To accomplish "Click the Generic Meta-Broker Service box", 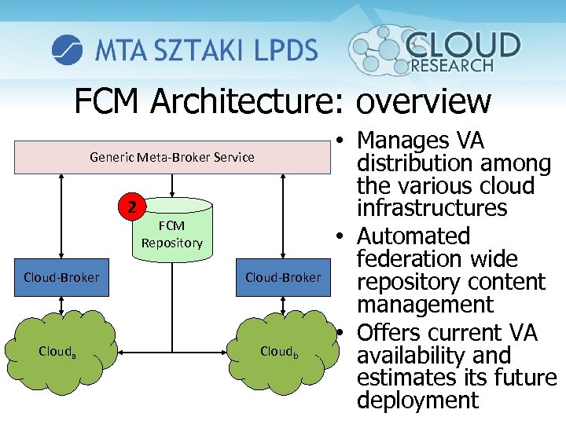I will [x=172, y=157].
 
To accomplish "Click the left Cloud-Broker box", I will [x=61, y=277].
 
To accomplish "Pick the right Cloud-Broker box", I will [x=283, y=277].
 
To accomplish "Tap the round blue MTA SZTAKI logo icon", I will [x=68, y=49].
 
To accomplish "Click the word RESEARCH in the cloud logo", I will [x=452, y=66].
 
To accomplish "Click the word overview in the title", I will [x=423, y=101].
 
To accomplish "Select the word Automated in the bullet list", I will [x=413, y=236].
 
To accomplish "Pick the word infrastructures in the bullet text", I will [x=432, y=209].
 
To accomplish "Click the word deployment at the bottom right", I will [x=417, y=400].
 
